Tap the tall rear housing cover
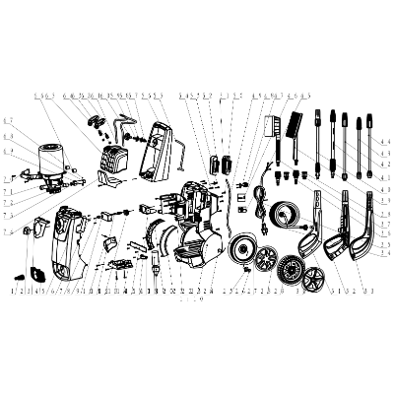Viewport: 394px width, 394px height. coord(159,153)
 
